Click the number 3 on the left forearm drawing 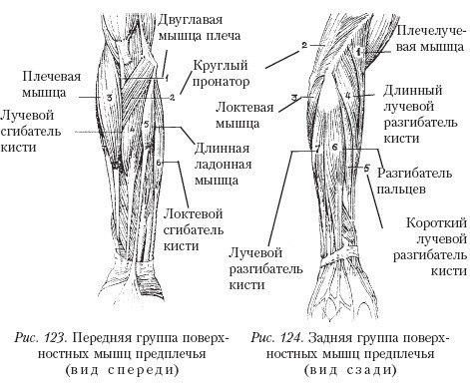point(108,97)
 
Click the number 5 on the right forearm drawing point(367,169)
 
